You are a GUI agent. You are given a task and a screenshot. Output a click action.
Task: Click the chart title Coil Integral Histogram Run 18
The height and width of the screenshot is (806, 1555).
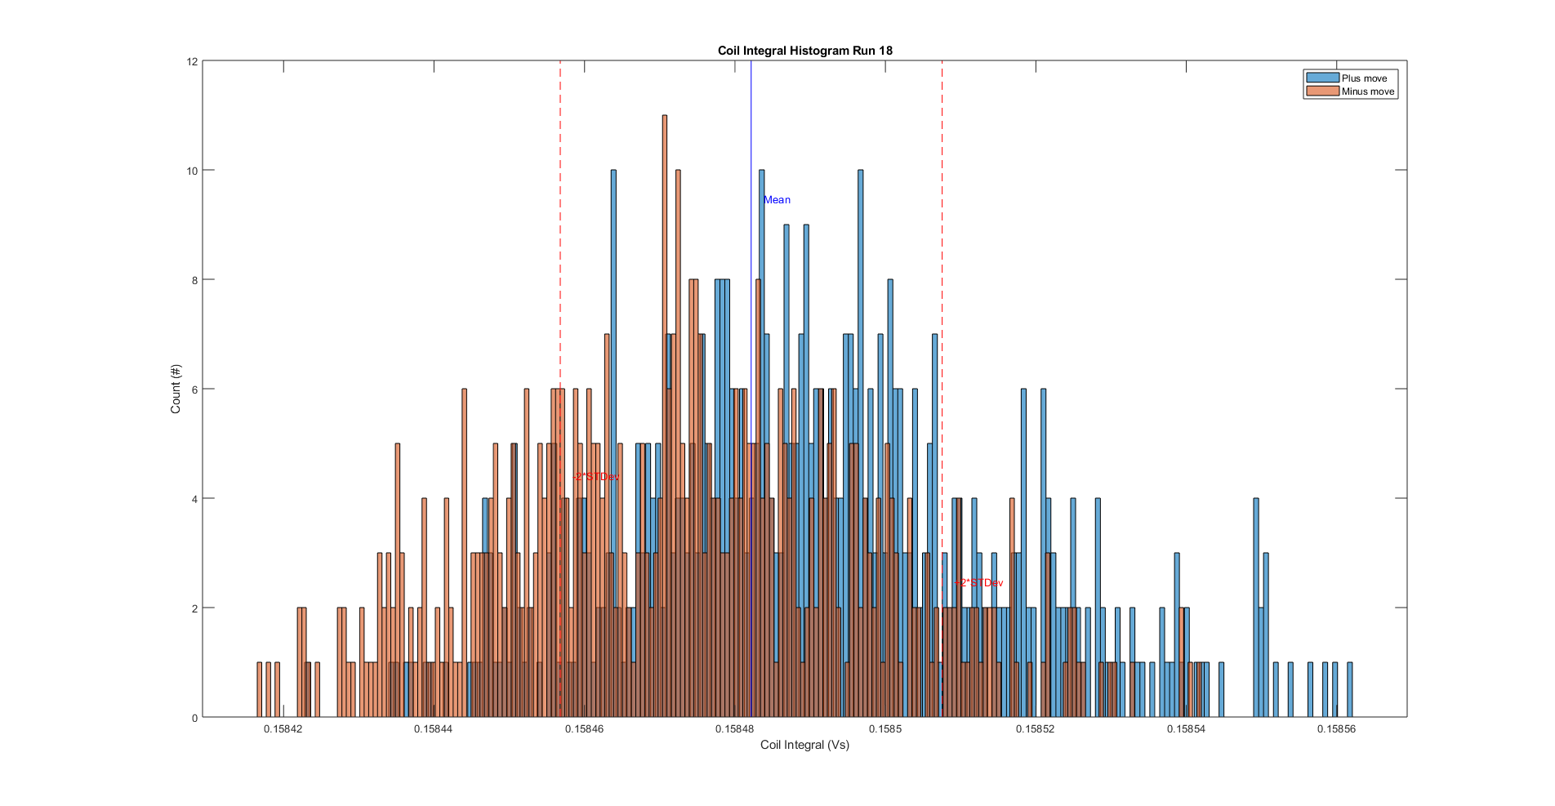click(804, 51)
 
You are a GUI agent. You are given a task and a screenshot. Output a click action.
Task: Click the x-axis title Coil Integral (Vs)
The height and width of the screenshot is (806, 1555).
click(804, 745)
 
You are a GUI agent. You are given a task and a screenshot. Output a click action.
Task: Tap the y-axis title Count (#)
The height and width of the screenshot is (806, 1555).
click(176, 389)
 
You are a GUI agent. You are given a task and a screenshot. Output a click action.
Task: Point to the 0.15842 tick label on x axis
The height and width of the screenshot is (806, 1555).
click(283, 729)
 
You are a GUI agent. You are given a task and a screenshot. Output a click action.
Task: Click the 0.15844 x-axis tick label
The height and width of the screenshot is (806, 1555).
click(433, 729)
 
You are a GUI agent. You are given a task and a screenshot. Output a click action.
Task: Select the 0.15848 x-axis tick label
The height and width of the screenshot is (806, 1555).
click(734, 729)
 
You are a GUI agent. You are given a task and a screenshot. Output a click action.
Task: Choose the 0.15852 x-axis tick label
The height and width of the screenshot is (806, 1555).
click(1035, 729)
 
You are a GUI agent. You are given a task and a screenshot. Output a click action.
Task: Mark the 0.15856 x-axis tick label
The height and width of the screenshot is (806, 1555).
click(1336, 729)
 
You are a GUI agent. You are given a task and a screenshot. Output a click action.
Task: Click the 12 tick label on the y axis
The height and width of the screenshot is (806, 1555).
click(193, 61)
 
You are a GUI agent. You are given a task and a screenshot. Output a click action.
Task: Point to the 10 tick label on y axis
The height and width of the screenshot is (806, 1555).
click(193, 171)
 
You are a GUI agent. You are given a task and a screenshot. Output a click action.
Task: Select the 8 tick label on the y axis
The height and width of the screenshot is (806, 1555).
click(194, 280)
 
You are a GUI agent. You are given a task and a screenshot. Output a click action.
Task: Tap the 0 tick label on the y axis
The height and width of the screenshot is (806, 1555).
click(194, 718)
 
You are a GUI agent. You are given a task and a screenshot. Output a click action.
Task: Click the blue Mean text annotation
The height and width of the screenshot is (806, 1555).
click(777, 200)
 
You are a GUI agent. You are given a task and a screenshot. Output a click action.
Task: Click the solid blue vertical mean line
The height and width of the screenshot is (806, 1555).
click(751, 131)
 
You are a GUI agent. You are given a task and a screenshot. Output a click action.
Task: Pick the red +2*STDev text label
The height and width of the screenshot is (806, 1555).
click(979, 583)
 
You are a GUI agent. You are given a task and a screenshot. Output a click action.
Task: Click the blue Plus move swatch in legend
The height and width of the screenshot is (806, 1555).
click(1322, 78)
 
